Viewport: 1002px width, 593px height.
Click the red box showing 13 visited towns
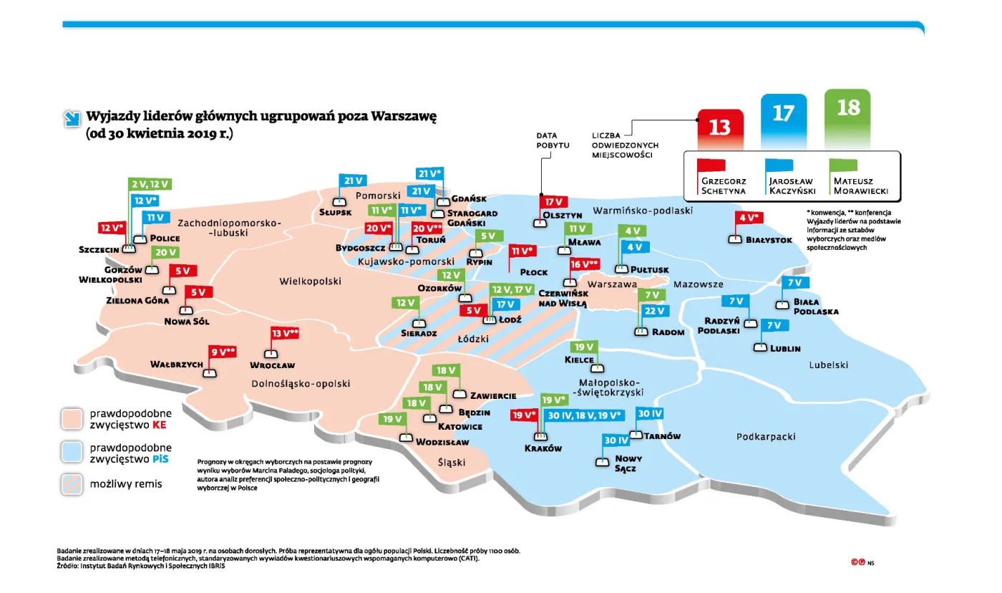point(720,127)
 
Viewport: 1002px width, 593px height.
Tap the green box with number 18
point(847,109)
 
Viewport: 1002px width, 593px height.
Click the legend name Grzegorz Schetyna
point(725,185)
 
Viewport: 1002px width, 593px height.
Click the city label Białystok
point(769,240)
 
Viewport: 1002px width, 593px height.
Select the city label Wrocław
point(273,365)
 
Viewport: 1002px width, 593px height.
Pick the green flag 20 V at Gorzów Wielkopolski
point(166,252)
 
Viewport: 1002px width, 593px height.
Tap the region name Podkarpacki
point(766,436)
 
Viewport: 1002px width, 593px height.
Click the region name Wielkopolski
point(310,281)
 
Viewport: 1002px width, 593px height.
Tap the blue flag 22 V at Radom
point(655,311)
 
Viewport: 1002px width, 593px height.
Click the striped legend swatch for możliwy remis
point(72,484)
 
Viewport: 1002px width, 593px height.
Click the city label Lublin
point(785,349)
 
